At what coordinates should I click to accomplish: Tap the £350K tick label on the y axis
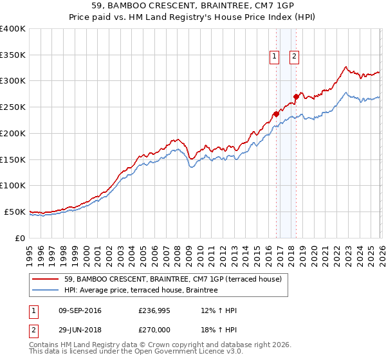[13, 55]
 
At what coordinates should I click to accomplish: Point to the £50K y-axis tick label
[15, 212]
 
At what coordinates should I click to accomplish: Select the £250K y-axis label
[13, 107]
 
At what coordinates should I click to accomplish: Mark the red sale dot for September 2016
[276, 114]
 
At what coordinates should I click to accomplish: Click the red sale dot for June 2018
[296, 96]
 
